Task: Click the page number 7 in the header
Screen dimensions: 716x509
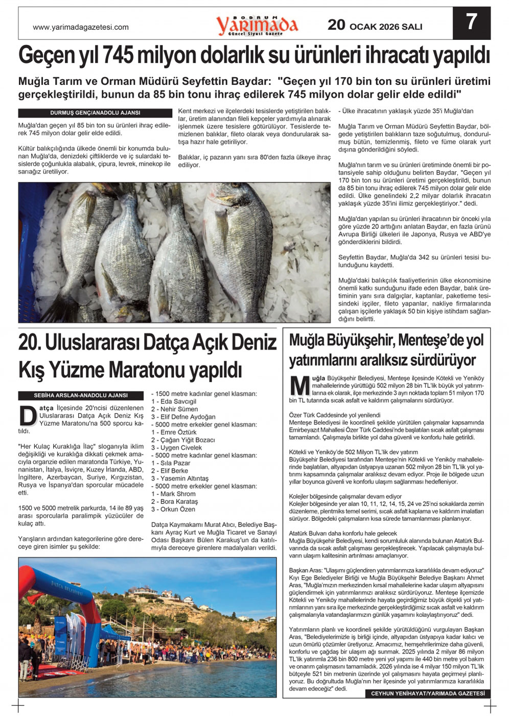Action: click(x=471, y=22)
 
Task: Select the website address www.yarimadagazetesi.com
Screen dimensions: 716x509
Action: click(x=81, y=28)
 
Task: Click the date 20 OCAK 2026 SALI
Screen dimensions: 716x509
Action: click(x=375, y=26)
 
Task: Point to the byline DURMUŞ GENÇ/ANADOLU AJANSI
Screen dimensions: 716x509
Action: click(x=96, y=113)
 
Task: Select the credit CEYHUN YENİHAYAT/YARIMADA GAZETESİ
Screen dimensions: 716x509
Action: click(x=427, y=694)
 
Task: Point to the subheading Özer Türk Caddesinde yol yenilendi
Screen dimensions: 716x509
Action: click(x=335, y=415)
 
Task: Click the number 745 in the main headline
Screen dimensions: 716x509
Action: click(x=124, y=55)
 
